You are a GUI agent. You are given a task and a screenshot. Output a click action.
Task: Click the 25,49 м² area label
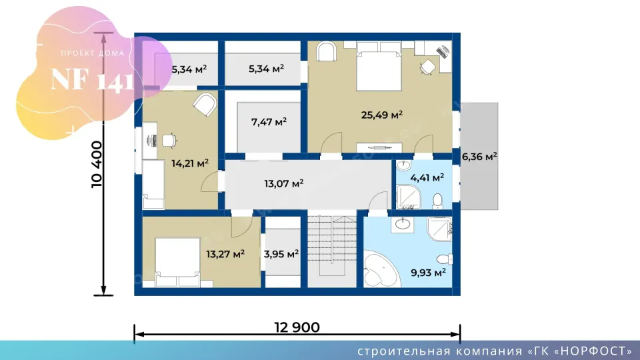tap(381, 115)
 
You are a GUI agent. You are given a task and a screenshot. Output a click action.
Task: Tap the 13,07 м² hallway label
tap(284, 184)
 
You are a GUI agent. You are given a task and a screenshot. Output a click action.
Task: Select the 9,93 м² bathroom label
tap(428, 272)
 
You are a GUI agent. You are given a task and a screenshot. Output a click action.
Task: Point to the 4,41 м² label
tap(427, 178)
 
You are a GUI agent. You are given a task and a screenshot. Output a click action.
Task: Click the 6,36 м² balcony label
tap(479, 157)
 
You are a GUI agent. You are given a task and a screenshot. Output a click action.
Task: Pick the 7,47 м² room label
tap(269, 122)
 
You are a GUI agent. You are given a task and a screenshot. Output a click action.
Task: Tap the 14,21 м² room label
tap(190, 164)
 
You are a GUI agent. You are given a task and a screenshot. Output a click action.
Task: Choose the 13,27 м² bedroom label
tap(225, 254)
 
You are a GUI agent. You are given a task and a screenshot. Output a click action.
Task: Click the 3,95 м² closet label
tap(281, 254)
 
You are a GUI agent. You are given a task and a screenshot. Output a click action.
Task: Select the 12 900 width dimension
tap(297, 327)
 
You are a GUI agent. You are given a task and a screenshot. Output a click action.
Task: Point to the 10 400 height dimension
tap(97, 164)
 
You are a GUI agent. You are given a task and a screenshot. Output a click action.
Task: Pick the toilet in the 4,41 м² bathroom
tap(437, 201)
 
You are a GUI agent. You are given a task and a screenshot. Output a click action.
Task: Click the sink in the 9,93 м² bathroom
tap(403, 225)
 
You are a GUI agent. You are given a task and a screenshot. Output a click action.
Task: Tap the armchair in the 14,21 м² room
tap(205, 105)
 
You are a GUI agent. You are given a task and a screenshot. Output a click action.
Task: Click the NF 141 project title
tap(92, 80)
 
